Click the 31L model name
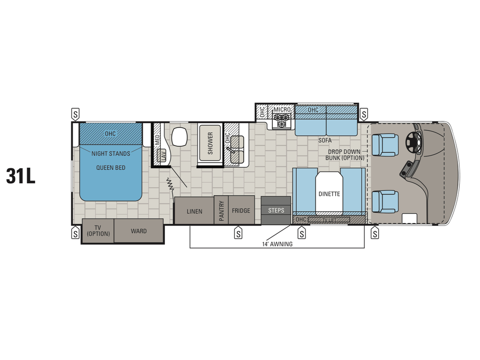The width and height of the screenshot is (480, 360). pos(21,176)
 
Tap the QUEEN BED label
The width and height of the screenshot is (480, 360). pos(111,167)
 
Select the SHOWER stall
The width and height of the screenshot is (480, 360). pos(210,143)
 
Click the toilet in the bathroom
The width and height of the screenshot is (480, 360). pos(179,136)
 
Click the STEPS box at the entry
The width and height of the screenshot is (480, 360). pos(276,210)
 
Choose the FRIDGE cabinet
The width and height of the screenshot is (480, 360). pos(241,210)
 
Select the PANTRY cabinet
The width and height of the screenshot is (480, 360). pos(221,210)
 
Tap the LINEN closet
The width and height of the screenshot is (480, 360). pos(194,211)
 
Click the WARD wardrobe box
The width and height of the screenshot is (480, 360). pos(139,231)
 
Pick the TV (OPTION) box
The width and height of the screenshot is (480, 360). pos(98,231)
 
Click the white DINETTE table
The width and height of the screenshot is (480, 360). pos(329,193)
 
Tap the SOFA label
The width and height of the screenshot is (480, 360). pos(325,140)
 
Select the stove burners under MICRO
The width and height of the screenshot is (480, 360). pos(282,121)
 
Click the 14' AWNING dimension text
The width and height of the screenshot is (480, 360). pos(277,244)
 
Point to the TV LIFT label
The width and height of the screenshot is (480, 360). pos(329,219)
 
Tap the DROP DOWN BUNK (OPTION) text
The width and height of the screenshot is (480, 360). pos(345,155)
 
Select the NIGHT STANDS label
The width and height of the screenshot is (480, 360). pos(111,153)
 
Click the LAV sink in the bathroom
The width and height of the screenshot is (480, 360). pos(163,155)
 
